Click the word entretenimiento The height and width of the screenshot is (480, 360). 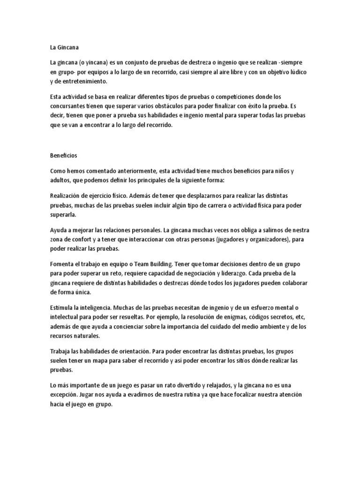[x=82, y=82]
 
